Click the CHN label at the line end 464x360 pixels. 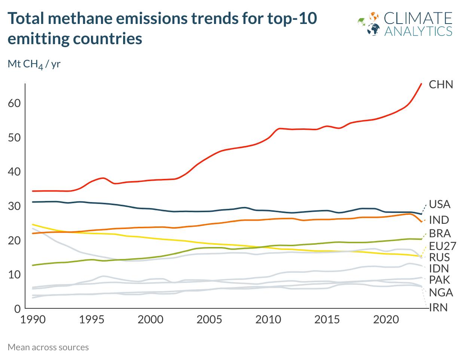coord(441,85)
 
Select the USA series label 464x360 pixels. coord(440,204)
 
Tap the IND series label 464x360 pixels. coord(439,220)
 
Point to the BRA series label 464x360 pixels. coord(440,233)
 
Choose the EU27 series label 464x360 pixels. coord(442,246)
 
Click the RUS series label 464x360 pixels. coord(439,257)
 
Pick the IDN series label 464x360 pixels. coord(439,268)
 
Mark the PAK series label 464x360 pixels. coord(439,280)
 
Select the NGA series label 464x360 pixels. coord(441,292)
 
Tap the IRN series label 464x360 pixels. coord(439,308)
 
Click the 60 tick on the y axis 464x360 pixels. coord(14,103)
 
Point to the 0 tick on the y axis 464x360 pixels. coord(17,308)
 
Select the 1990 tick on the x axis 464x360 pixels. coord(33,320)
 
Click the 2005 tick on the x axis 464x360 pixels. coord(209,320)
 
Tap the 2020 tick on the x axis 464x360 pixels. coord(386,320)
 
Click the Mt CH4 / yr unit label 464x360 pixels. coord(34,64)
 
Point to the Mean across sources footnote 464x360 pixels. coord(48,347)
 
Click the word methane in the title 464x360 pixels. coord(82,18)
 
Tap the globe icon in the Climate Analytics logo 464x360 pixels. coord(373,29)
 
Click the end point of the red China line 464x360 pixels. coord(421,84)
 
